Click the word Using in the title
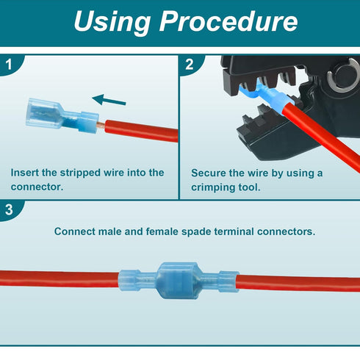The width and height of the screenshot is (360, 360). click(112, 21)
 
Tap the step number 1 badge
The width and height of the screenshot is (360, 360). click(10, 65)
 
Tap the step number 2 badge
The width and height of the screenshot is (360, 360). click(190, 65)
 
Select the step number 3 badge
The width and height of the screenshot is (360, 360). click(10, 210)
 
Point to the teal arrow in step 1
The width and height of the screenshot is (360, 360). click(109, 100)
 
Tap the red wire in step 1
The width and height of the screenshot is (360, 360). click(142, 131)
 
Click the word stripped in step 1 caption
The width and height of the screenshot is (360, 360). click(80, 173)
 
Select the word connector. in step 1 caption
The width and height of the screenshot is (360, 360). click(37, 187)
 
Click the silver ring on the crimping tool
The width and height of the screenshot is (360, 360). click(342, 76)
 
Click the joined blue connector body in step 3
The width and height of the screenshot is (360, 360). click(179, 281)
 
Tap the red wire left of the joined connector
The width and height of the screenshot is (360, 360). click(60, 278)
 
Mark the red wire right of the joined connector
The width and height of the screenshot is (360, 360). click(298, 284)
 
